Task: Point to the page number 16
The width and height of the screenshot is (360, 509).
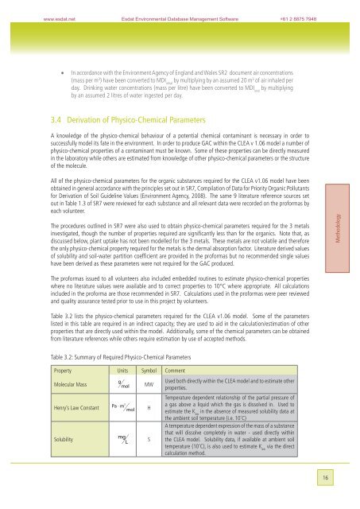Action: [339, 496]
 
